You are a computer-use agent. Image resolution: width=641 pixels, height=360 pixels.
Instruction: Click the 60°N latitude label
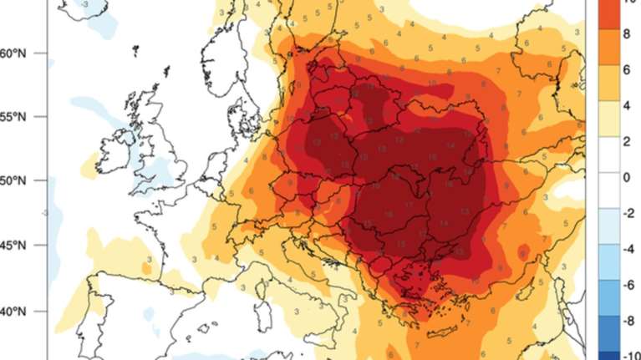(x=16, y=53)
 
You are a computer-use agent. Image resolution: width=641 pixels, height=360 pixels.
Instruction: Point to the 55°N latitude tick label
(x=16, y=118)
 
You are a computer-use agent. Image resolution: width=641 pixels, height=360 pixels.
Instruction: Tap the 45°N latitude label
(x=16, y=246)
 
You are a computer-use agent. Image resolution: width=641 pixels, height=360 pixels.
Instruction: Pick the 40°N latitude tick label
(x=16, y=312)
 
